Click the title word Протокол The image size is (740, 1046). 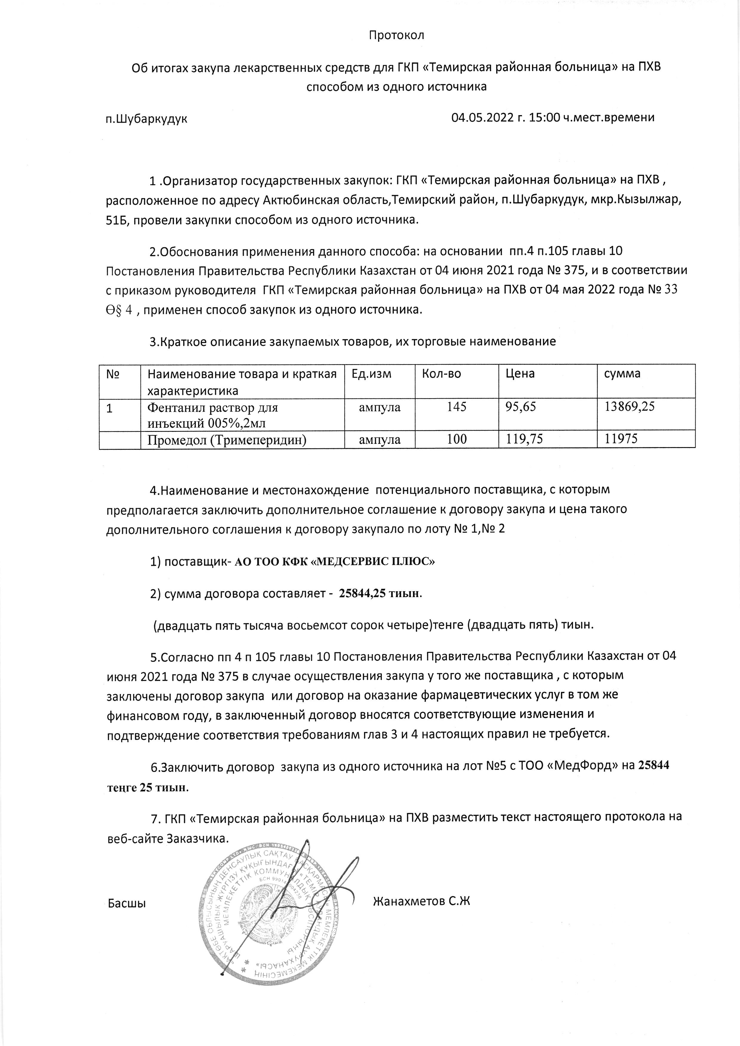pos(397,35)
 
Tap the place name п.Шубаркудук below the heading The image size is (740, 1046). pos(146,119)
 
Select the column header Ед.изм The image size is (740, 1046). pos(371,374)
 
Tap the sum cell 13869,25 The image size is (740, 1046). pos(629,407)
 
